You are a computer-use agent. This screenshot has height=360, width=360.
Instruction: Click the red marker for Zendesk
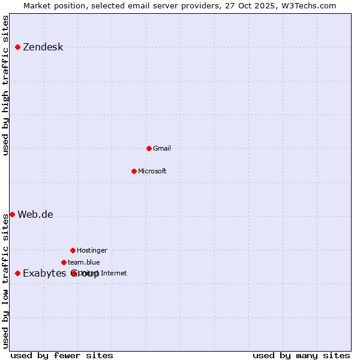(17, 47)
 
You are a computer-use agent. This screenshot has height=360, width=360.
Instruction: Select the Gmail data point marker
(149, 148)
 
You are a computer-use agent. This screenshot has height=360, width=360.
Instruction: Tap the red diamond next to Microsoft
(134, 171)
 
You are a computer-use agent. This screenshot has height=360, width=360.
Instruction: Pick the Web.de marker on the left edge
(12, 214)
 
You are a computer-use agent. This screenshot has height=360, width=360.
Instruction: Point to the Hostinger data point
(73, 250)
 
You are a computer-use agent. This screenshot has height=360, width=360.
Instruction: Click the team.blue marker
(64, 262)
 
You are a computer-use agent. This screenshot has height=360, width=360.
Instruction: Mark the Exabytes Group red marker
(17, 273)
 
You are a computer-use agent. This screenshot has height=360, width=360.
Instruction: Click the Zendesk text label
(43, 47)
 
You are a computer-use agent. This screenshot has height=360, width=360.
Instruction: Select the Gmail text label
(162, 148)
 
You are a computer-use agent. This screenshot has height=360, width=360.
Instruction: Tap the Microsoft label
(152, 171)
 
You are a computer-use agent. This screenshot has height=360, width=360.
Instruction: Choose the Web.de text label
(35, 215)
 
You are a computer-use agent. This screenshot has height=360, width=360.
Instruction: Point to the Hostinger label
(92, 250)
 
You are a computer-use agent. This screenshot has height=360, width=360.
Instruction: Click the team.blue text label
(84, 262)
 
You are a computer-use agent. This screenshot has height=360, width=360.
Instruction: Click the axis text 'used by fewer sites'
(62, 355)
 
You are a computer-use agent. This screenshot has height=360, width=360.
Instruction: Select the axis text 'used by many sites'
(301, 355)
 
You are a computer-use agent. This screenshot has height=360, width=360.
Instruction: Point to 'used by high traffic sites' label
(6, 85)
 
